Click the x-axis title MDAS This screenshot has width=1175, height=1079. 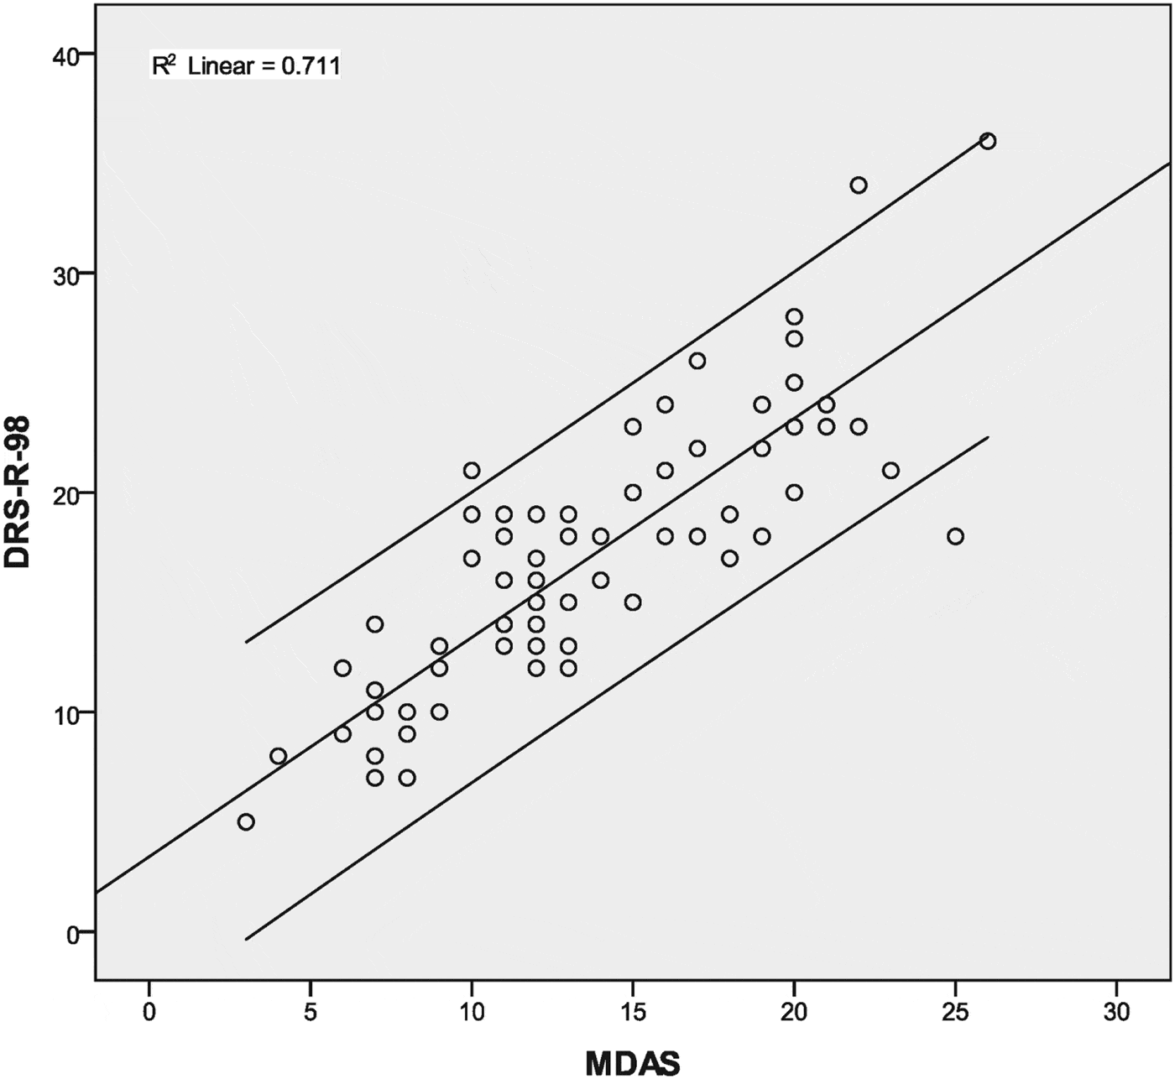[632, 1062]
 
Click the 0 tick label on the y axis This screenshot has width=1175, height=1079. [72, 932]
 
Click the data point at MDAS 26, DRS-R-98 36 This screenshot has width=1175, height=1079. [987, 141]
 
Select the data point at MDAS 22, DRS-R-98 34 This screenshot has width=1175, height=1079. [859, 185]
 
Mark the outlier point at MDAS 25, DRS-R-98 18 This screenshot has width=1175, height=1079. [955, 536]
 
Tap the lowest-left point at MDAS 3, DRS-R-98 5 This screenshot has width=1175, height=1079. [246, 821]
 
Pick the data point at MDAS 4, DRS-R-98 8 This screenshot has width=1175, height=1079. [278, 756]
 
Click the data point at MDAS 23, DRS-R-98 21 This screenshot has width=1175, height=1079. [890, 471]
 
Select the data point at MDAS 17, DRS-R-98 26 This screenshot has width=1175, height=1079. [697, 361]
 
